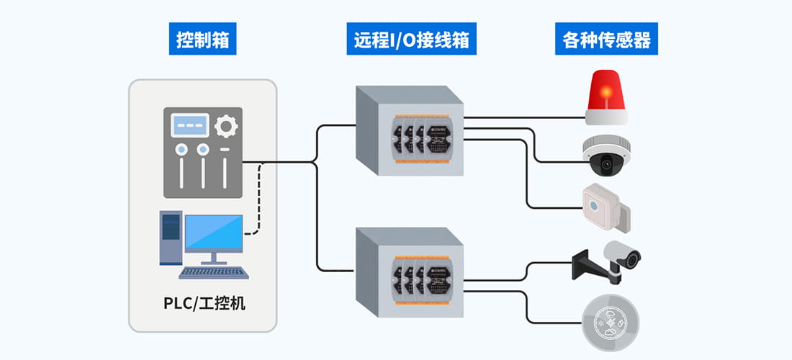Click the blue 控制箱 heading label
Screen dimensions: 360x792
coord(203,40)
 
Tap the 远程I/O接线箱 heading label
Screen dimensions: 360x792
coord(411,40)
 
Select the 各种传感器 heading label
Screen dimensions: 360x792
coord(606,40)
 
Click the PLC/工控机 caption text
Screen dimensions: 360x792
coord(204,302)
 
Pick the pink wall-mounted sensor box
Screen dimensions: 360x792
coord(606,207)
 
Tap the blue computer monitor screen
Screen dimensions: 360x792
coord(214,233)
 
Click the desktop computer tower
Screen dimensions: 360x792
coord(170,238)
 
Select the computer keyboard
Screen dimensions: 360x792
coord(214,273)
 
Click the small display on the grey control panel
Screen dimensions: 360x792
coord(189,126)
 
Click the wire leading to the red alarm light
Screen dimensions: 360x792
coord(526,114)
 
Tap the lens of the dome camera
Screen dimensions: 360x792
coord(606,165)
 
